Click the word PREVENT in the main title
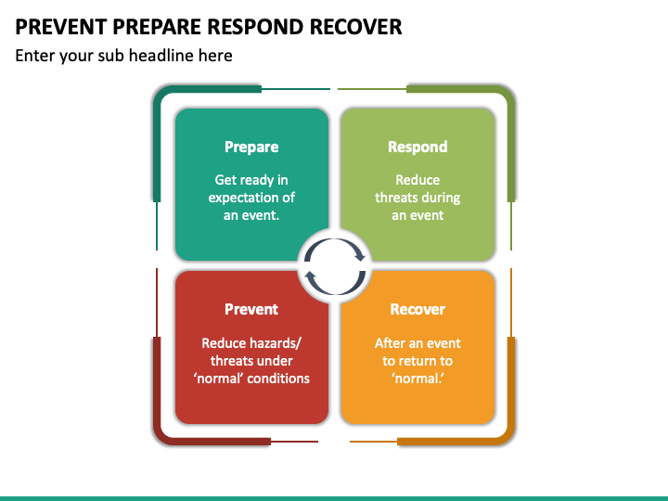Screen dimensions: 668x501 tap(61, 27)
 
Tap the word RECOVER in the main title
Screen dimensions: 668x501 tap(355, 27)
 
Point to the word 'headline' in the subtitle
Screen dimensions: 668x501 tap(161, 56)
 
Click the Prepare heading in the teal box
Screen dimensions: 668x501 tap(251, 147)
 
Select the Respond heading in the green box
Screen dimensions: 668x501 tap(417, 147)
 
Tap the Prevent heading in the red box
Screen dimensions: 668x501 tap(251, 309)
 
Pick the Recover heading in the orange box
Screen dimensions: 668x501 tap(417, 309)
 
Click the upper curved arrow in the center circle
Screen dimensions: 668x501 tap(335, 240)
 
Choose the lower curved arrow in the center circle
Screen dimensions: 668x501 tap(335, 292)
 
